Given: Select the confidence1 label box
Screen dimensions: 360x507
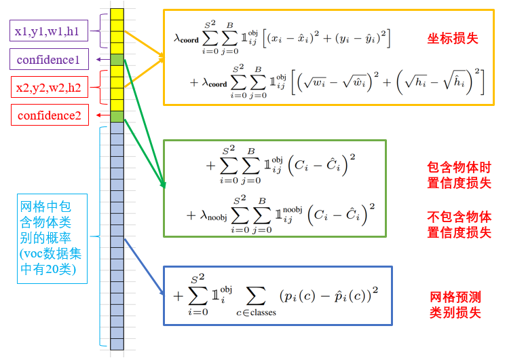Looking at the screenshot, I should (x=48, y=60).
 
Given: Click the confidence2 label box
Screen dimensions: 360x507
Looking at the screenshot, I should (x=50, y=115).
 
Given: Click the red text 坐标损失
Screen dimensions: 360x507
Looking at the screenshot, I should (x=453, y=39).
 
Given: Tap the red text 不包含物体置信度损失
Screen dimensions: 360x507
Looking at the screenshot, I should (x=459, y=225).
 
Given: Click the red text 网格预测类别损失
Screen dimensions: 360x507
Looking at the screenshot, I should (x=455, y=304).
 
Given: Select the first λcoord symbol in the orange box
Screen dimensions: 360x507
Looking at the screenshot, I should (x=186, y=39).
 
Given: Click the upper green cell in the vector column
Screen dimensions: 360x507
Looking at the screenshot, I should (x=117, y=60).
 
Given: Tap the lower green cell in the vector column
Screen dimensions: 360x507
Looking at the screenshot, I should (x=117, y=116).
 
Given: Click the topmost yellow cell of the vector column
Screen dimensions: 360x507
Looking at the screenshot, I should (x=117, y=14).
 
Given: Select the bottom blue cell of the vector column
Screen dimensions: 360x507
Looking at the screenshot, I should (x=117, y=344).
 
